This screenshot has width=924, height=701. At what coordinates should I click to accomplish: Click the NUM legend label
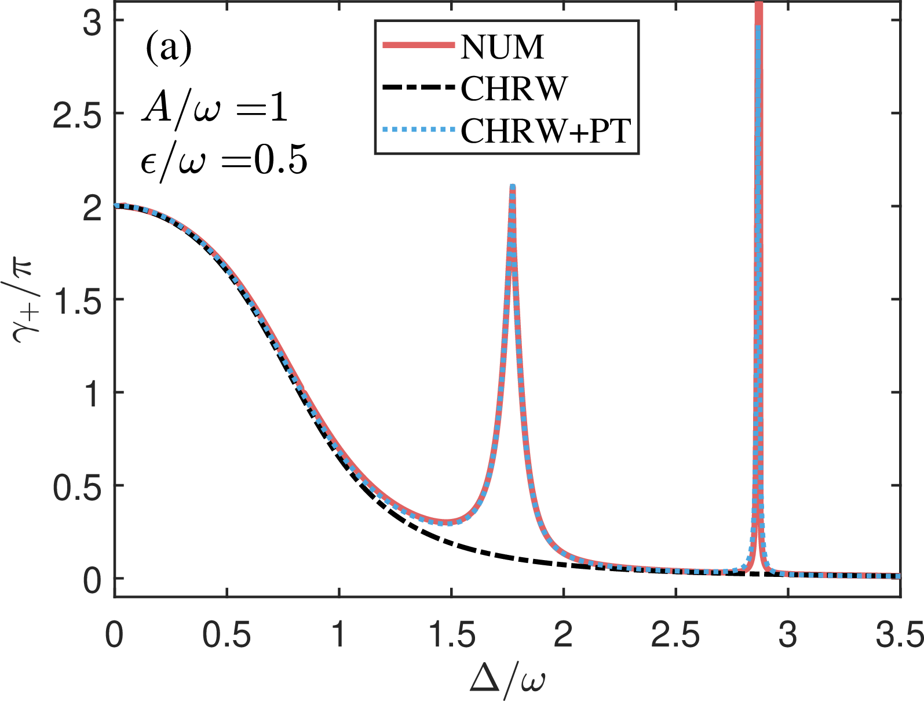click(x=502, y=47)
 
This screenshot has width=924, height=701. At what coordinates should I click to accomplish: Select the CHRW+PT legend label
click(x=546, y=132)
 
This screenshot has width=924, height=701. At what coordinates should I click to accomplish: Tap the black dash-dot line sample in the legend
click(x=419, y=89)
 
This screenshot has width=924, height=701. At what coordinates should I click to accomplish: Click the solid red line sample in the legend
click(x=419, y=46)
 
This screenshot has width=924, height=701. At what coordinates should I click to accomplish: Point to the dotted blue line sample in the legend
click(x=419, y=131)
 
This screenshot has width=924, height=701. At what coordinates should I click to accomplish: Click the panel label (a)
click(x=168, y=48)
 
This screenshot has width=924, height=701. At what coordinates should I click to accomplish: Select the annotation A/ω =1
click(x=215, y=107)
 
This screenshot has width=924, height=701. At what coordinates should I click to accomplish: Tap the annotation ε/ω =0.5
click(x=224, y=159)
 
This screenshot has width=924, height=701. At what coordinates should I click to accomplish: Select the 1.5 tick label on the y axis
click(x=76, y=300)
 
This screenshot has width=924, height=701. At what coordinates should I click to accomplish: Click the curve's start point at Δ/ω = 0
click(x=115, y=206)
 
